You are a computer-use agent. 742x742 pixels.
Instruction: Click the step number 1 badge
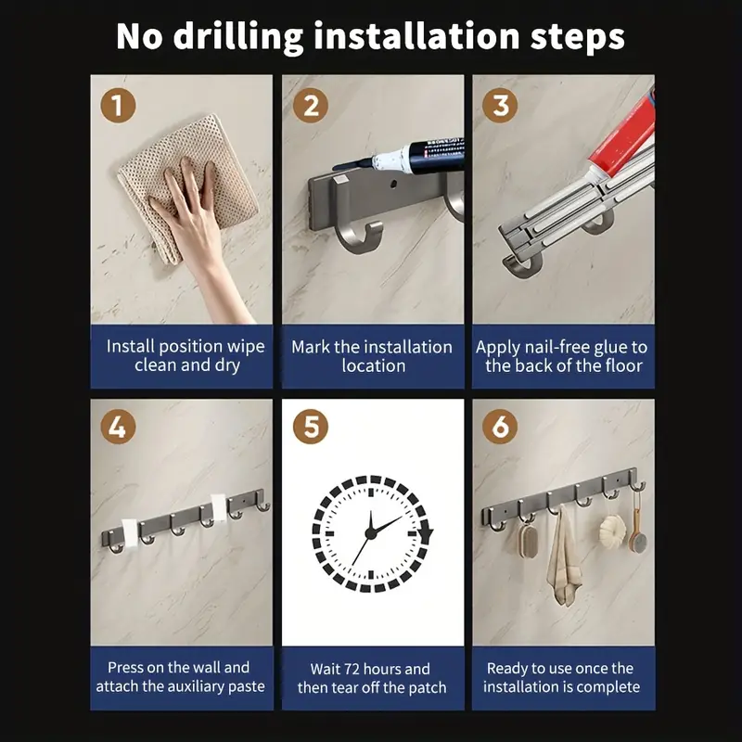tap(118, 105)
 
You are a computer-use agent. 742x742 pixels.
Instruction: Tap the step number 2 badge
tap(311, 105)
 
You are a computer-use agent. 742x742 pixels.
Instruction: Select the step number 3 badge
tap(500, 105)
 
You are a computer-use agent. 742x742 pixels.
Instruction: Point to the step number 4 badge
tap(118, 427)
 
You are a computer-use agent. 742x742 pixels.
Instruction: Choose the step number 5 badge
tap(311, 427)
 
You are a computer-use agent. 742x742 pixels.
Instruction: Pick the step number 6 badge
tap(500, 427)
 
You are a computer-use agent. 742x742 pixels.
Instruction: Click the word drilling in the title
tap(238, 37)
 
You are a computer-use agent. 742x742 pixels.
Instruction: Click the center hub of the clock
tap(371, 534)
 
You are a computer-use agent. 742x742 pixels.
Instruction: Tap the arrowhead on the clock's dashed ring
tap(426, 535)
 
